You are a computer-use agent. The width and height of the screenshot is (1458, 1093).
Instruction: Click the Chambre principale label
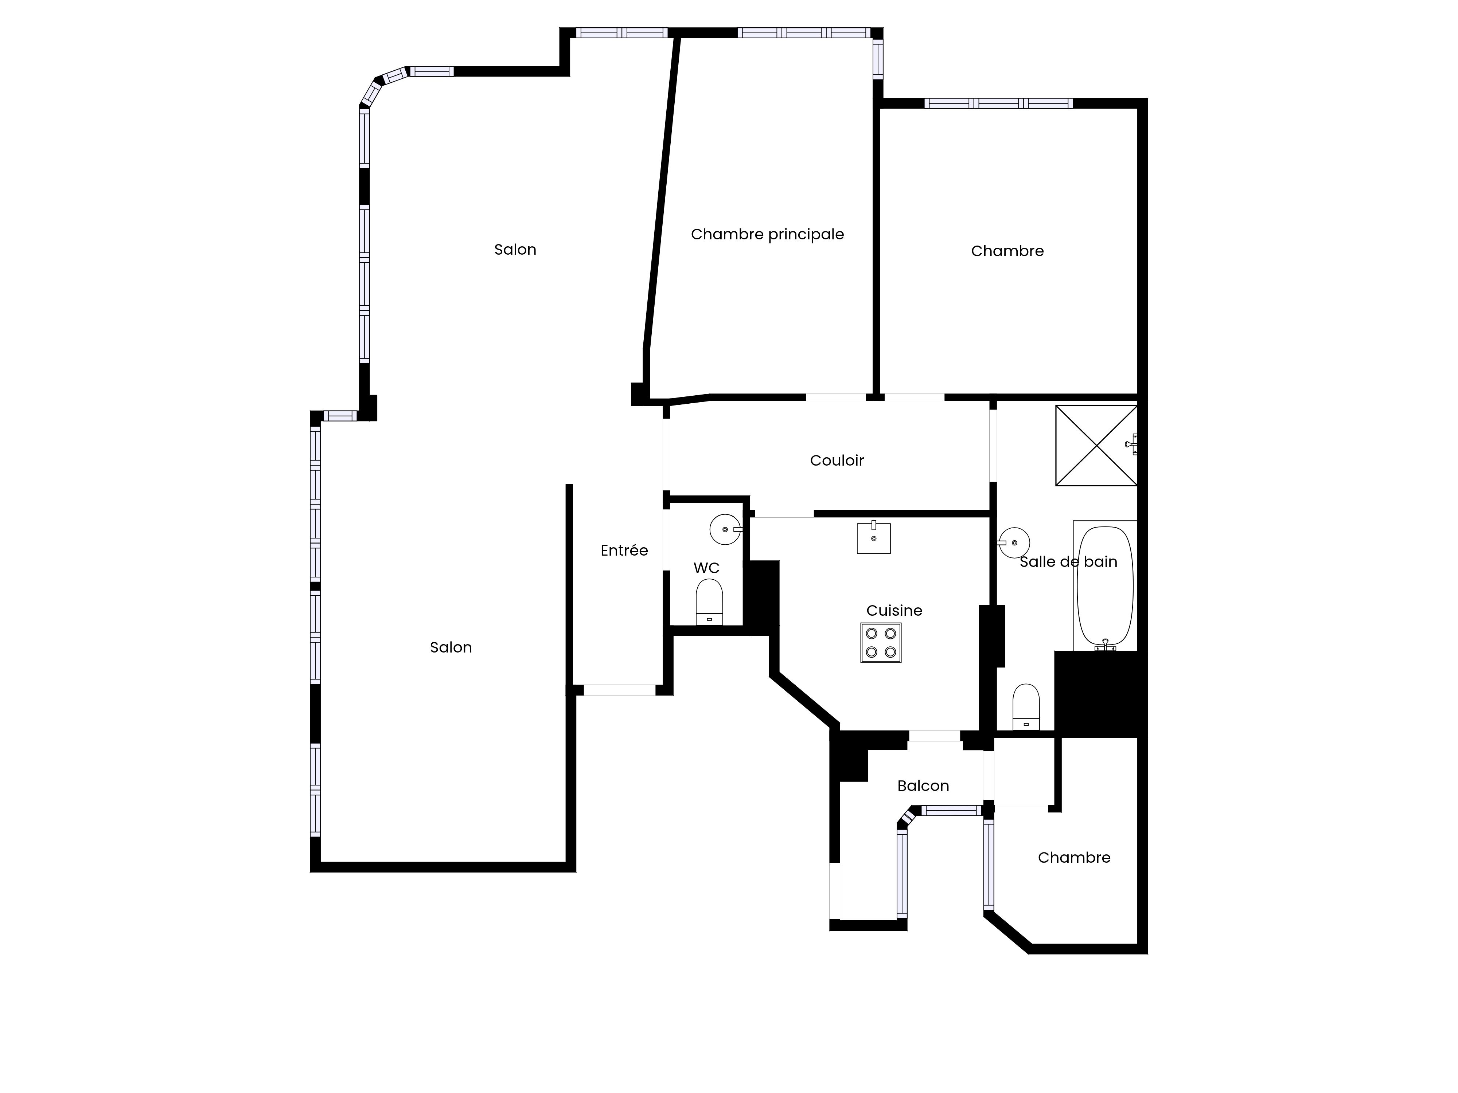(767, 235)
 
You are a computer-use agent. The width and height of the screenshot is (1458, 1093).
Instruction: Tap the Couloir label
(837, 461)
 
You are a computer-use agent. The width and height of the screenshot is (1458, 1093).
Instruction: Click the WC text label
(706, 568)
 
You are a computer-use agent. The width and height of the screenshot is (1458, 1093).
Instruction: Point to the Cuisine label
(894, 611)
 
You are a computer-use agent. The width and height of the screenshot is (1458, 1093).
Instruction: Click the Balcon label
(923, 786)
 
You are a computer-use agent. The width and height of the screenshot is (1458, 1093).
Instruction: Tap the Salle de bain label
(1068, 562)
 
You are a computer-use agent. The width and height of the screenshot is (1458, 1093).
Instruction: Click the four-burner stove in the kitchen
(881, 642)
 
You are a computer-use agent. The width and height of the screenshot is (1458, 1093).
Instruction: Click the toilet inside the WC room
(709, 602)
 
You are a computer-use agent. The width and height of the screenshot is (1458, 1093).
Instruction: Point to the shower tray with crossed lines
(1096, 445)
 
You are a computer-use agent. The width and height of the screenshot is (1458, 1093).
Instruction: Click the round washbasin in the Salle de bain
(1014, 543)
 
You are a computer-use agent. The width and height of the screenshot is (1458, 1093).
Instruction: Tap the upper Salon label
(515, 250)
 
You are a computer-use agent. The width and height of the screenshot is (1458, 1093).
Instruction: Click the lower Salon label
(451, 648)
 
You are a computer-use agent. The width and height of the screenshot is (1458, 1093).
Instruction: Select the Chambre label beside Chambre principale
(1007, 251)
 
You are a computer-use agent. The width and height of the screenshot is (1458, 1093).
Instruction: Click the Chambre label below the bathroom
(1074, 858)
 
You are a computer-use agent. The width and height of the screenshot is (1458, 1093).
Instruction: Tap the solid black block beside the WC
(761, 598)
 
